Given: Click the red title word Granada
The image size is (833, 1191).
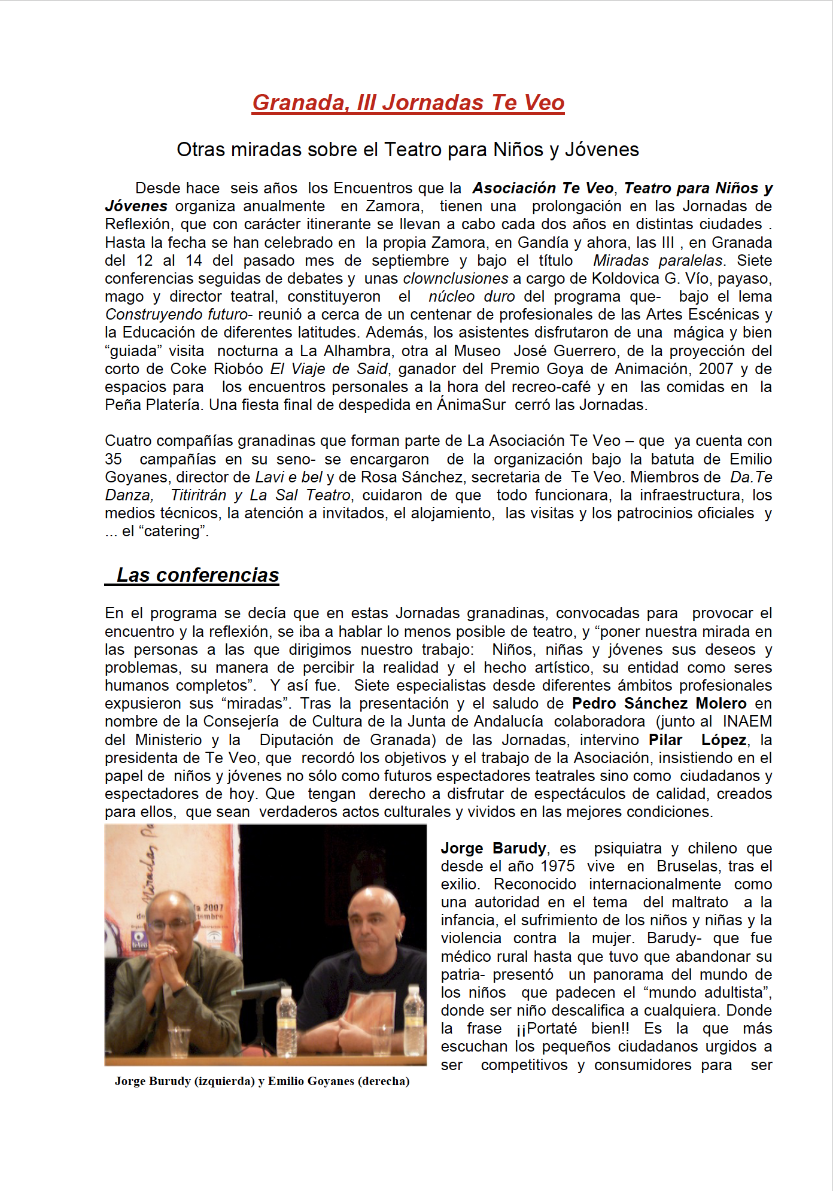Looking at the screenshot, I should coord(301,103).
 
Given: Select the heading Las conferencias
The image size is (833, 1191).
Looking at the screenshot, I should coord(197,575).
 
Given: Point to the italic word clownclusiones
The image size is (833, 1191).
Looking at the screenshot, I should coord(455,279).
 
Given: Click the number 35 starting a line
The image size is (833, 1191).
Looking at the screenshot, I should coord(113,459).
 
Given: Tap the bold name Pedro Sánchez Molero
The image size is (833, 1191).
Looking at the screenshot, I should coord(659,704).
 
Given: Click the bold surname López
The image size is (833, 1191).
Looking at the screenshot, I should coord(723,740).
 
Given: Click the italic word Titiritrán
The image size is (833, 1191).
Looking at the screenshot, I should coord(198,496).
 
